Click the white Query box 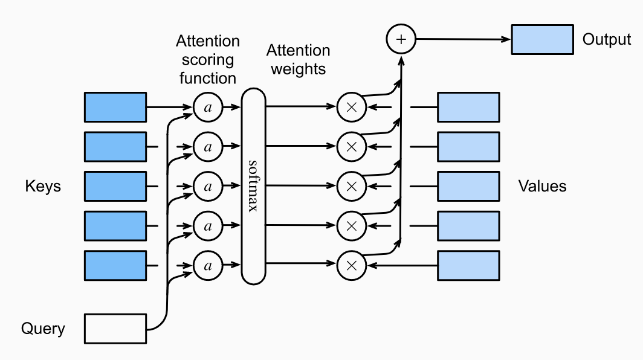115,329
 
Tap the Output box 542,40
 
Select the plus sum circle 401,40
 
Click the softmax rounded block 254,186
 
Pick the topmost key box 115,108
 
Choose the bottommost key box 115,265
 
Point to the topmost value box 468,108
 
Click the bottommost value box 468,265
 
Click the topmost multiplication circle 351,108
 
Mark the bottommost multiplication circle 351,265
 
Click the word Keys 43,186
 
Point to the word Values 542,186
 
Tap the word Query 43,329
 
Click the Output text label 606,40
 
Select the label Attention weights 298,59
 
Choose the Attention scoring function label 207,59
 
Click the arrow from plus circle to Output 462,40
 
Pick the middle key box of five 115,186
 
